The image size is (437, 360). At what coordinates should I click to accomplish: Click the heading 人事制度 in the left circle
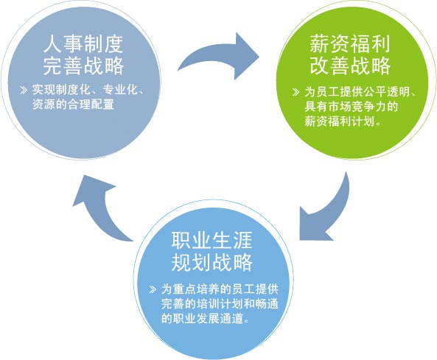click(83, 44)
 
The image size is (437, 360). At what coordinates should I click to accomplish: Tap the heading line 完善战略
click(83, 66)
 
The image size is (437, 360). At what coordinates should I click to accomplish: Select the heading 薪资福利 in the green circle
click(349, 44)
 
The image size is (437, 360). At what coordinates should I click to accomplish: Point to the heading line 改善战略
click(349, 66)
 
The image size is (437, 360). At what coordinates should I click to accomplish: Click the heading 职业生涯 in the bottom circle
click(211, 240)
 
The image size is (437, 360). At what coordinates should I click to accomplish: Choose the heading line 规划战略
click(211, 262)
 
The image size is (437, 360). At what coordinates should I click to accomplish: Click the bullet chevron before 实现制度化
click(24, 90)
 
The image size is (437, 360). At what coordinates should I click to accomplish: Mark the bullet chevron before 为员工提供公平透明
click(296, 92)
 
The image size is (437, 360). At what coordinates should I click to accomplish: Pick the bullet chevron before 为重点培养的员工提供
click(153, 289)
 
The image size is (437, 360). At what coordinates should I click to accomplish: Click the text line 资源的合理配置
click(73, 105)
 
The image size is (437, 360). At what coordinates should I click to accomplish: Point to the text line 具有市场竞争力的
click(351, 107)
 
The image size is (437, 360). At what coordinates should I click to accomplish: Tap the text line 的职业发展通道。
click(206, 319)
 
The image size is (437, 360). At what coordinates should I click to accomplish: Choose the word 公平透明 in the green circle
click(386, 91)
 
